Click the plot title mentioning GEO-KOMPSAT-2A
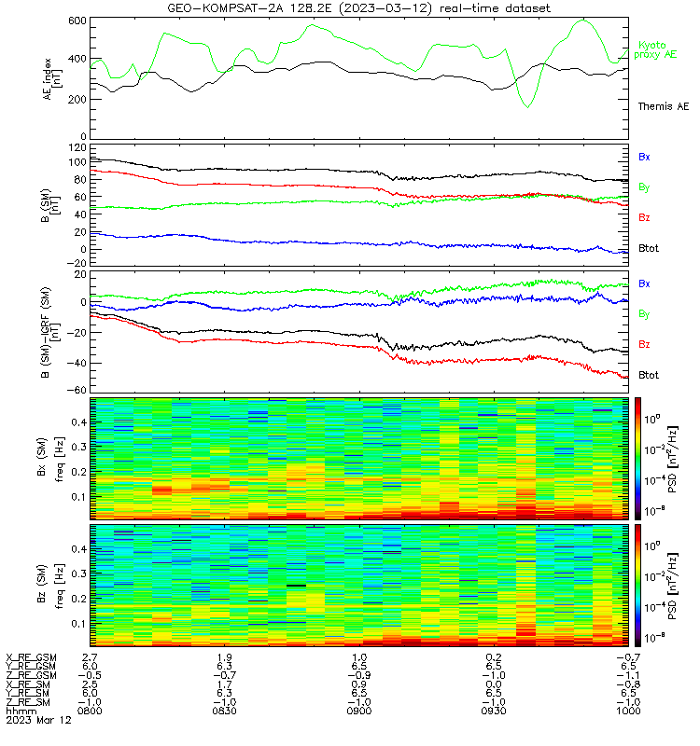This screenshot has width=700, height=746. click(x=359, y=8)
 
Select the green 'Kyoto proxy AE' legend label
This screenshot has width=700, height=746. click(x=655, y=50)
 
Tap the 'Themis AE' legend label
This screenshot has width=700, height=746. click(x=664, y=106)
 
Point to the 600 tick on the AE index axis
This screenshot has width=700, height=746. click(x=77, y=21)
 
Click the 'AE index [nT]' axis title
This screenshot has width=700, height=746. click(x=52, y=79)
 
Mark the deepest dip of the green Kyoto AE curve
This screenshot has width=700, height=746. click(x=527, y=107)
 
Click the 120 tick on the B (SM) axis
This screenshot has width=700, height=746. click(x=77, y=148)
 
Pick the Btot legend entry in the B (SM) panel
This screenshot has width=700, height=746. click(x=649, y=248)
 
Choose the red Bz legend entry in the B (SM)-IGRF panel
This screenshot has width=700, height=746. click(x=644, y=344)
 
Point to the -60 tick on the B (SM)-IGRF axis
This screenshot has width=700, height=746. click(x=77, y=390)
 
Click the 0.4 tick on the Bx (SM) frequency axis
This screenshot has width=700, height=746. click(x=79, y=422)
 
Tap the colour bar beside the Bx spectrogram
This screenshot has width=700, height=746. click(x=637, y=459)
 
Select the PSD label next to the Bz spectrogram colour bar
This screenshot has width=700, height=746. click(x=672, y=587)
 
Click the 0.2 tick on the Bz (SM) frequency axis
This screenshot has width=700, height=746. click(x=79, y=599)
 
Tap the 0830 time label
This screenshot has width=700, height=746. click(x=224, y=711)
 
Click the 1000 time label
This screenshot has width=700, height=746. click(x=628, y=711)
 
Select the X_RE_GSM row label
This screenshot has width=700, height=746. click(x=31, y=658)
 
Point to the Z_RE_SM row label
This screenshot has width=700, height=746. click(x=28, y=702)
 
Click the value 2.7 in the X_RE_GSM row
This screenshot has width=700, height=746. click(x=90, y=657)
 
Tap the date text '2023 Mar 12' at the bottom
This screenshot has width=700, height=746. click(x=38, y=720)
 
